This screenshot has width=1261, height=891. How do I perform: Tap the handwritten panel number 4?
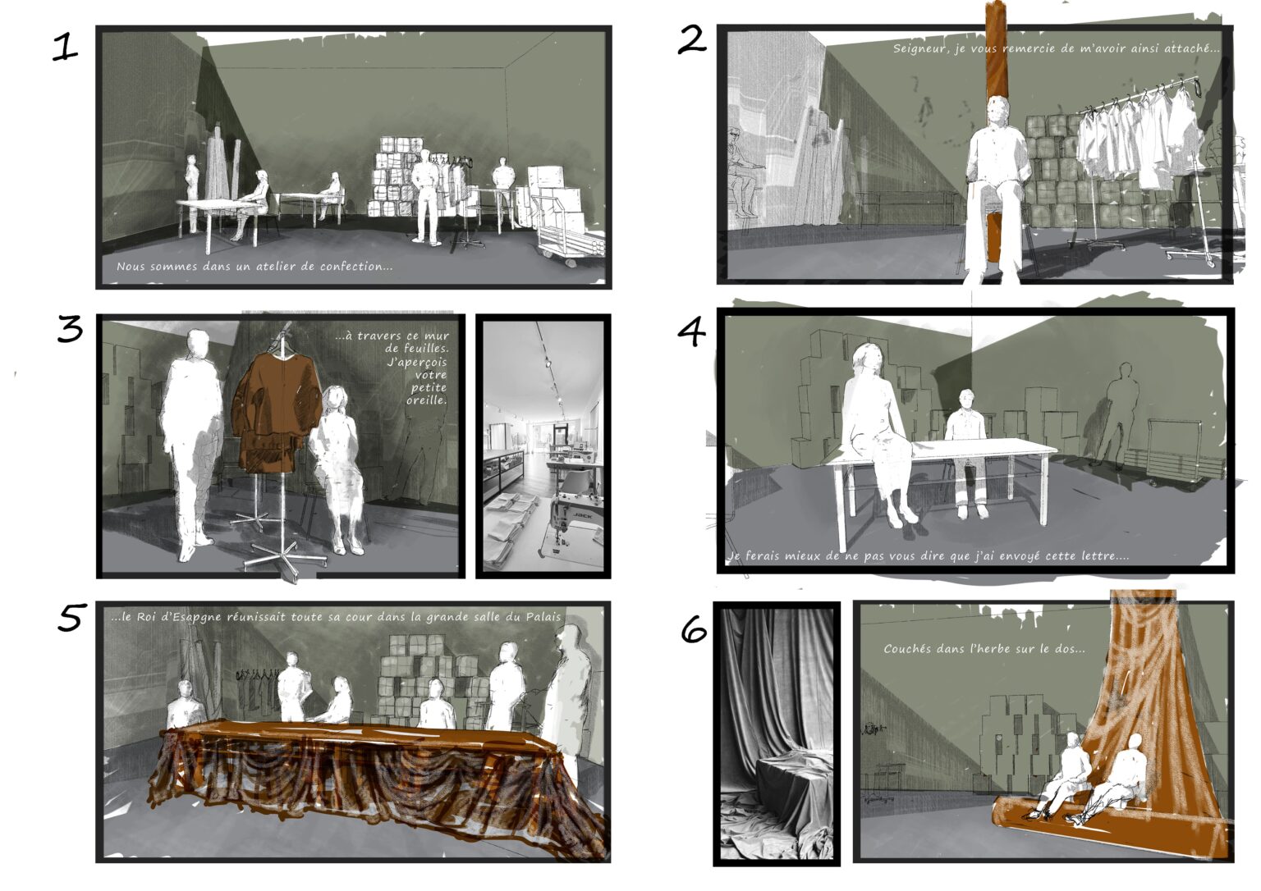(691, 331)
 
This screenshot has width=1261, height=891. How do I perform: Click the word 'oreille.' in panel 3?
(426, 400)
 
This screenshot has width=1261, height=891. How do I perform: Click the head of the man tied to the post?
(997, 112)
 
